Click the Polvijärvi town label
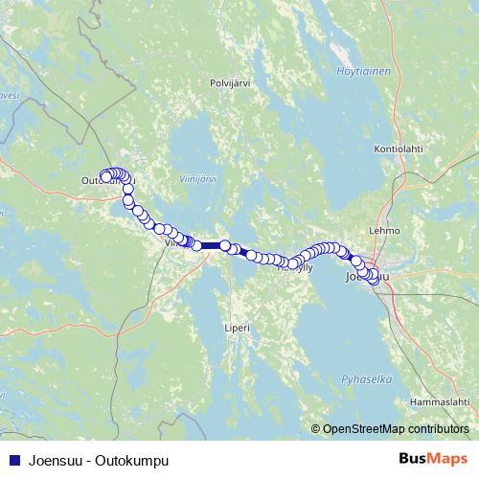click(229, 83)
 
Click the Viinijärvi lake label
click(198, 178)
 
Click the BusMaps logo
click(433, 460)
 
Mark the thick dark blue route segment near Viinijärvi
click(210, 246)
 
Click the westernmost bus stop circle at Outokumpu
click(103, 175)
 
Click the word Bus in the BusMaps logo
click(415, 460)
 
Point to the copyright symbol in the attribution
click(316, 429)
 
